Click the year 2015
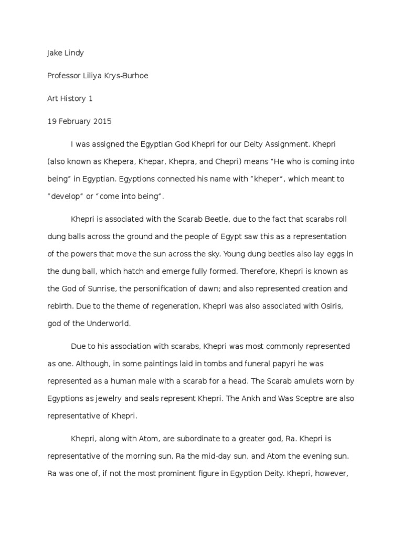pos(103,121)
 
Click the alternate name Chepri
pos(236,162)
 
